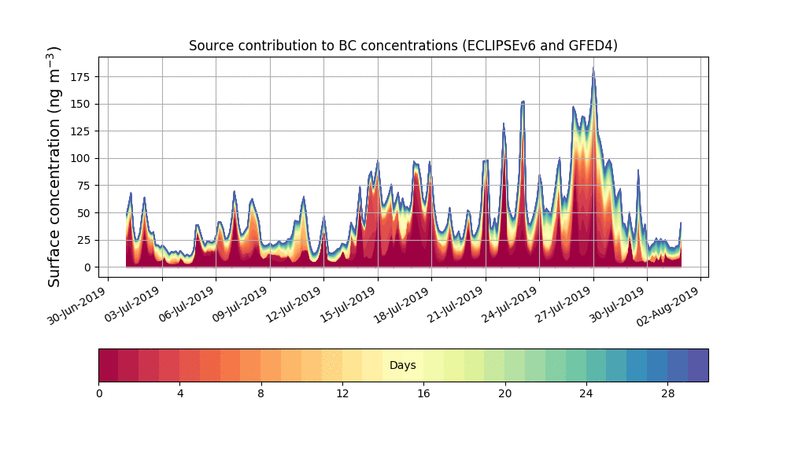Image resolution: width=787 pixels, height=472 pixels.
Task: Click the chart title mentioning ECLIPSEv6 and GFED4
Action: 403,46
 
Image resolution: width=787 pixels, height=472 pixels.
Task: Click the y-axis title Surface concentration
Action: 54,166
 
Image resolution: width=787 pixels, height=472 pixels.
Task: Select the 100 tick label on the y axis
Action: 79,158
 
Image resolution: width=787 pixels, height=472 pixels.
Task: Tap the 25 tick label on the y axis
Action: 82,240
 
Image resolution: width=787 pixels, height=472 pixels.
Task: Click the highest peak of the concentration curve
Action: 593,68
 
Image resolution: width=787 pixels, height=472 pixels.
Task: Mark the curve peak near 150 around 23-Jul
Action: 523,101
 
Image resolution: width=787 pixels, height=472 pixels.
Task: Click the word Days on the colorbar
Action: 403,366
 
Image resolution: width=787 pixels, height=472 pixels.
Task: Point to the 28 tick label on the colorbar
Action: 667,393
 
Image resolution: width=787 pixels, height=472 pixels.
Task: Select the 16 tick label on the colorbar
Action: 423,393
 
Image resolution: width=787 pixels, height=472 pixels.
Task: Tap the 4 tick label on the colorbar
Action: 180,393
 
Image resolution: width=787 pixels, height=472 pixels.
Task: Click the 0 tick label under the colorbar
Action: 99,393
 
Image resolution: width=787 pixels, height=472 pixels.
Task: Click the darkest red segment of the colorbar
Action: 109,366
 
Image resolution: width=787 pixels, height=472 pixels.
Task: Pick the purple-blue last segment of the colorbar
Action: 698,366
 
